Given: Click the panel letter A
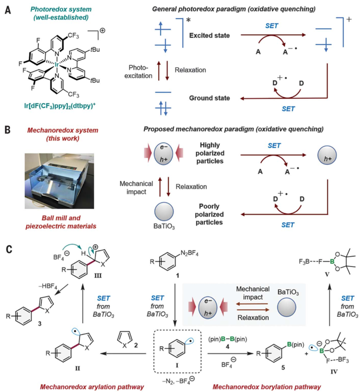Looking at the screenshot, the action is click(x=8, y=10).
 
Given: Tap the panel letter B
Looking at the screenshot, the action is click(x=8, y=130).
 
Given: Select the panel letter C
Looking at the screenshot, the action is click(x=9, y=250).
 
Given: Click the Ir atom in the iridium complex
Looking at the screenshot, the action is click(x=57, y=65).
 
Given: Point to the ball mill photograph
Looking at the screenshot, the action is click(x=59, y=181).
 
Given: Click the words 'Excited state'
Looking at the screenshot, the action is click(x=209, y=35).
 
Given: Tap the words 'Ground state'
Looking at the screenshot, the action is click(x=209, y=98).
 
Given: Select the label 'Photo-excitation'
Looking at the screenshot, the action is click(x=139, y=72).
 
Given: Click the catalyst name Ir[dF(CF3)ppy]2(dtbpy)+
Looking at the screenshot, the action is click(x=59, y=106).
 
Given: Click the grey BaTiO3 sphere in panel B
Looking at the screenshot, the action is click(x=164, y=211).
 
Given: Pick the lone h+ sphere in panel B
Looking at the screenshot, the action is click(x=327, y=155).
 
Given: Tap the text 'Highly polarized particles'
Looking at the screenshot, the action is click(x=209, y=153).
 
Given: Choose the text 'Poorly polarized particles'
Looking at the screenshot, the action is click(x=209, y=214).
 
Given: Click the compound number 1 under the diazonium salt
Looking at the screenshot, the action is click(x=178, y=276).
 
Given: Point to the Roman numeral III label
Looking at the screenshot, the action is click(x=98, y=276).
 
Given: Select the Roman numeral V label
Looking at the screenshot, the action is click(x=327, y=275).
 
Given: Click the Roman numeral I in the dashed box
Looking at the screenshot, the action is click(x=177, y=365).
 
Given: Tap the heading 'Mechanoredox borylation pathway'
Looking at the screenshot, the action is click(x=267, y=387).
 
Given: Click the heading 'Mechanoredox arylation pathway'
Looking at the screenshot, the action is click(x=92, y=387).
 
